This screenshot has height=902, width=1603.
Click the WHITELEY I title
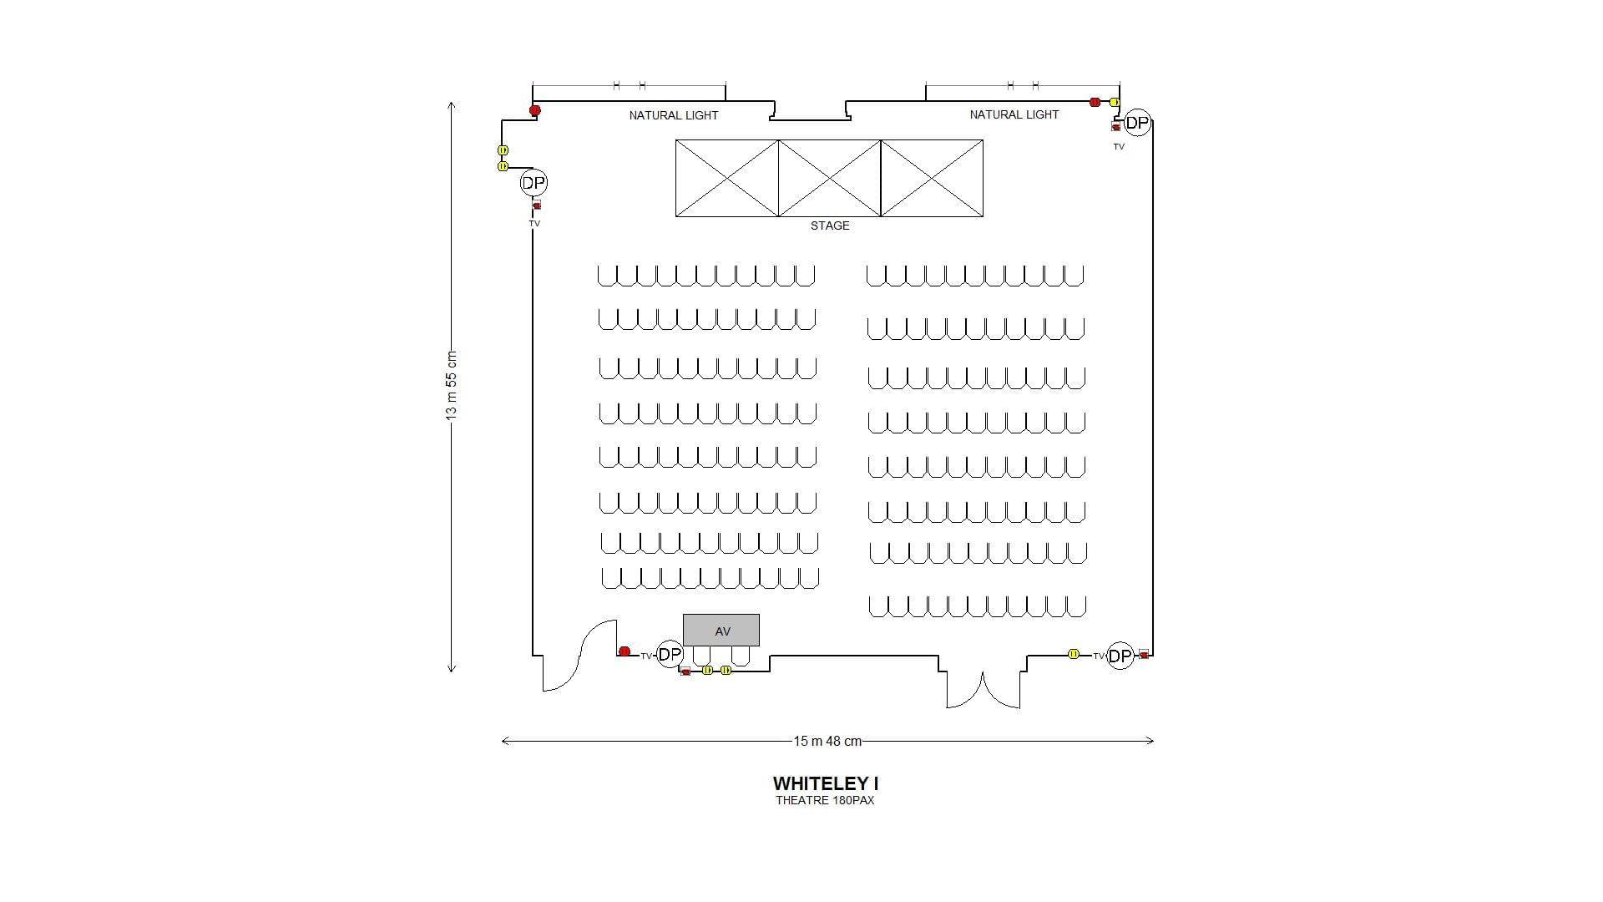tap(825, 783)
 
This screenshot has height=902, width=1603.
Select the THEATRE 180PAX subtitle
tap(825, 800)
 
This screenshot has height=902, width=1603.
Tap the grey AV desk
tap(721, 631)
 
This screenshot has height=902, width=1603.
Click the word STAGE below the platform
tap(830, 225)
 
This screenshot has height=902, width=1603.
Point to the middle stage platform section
tap(829, 178)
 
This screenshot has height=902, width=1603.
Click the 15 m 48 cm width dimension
tap(827, 741)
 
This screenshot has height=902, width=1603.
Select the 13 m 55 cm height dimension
tap(452, 386)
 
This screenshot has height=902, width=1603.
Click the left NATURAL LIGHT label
tap(674, 115)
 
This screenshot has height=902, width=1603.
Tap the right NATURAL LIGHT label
tap(1014, 114)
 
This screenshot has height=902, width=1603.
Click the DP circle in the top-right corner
tap(1137, 123)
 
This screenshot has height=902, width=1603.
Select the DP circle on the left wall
tap(533, 182)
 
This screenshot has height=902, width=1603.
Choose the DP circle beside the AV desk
tap(670, 655)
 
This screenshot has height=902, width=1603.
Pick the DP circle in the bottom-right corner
tap(1120, 656)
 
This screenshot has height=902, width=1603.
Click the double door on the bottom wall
tap(983, 690)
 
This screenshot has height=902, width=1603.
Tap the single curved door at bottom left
tap(579, 656)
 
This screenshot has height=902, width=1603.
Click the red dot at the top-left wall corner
tap(535, 110)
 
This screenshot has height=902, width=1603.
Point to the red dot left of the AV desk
tap(625, 651)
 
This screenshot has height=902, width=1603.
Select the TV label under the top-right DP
tap(1119, 147)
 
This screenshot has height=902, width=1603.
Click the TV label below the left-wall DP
tap(534, 224)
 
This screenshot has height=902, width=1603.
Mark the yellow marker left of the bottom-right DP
tap(1074, 654)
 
